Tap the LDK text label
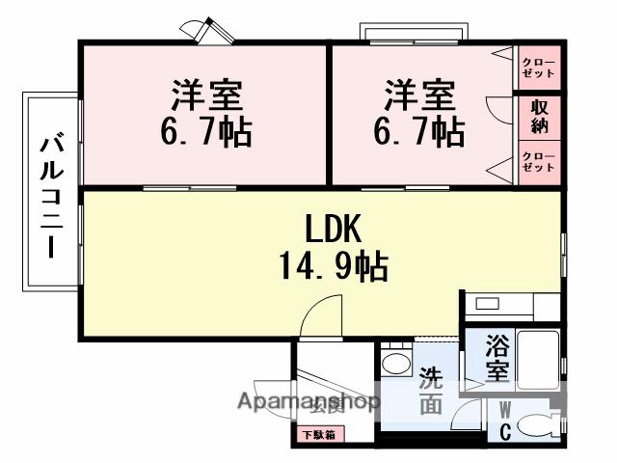click(x=333, y=229)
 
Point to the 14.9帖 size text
click(x=333, y=264)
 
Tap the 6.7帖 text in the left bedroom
click(x=206, y=131)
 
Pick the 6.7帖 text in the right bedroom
click(x=419, y=131)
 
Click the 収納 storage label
click(x=539, y=117)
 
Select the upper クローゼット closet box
click(x=539, y=68)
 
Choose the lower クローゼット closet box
click(x=539, y=161)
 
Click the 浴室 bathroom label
click(x=496, y=356)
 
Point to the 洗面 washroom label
click(x=431, y=392)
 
